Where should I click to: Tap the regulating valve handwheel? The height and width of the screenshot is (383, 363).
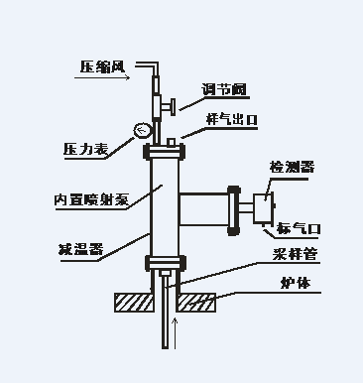tap(172, 106)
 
